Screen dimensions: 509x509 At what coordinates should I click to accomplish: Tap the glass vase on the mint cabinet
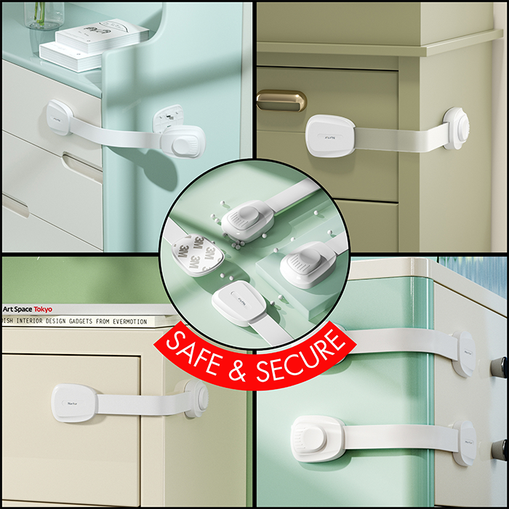[x=44, y=15]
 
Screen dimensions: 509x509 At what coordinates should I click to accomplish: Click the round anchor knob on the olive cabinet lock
[x=456, y=129]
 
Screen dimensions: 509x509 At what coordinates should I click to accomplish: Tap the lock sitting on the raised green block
[x=308, y=265]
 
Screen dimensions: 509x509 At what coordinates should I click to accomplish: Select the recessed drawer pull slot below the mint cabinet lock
[x=76, y=167]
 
